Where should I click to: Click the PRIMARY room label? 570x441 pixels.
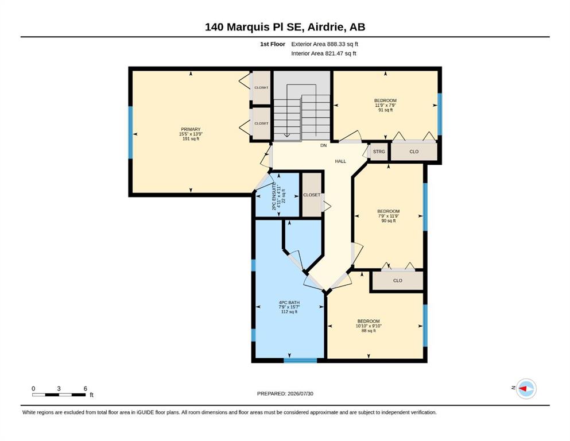click(191, 129)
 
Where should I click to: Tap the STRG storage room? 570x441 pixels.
click(379, 152)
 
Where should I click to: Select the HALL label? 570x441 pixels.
click(340, 161)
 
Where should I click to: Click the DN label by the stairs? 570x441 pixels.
click(323, 145)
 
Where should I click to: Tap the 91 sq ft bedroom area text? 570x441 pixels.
click(385, 110)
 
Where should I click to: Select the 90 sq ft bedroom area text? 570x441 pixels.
click(388, 220)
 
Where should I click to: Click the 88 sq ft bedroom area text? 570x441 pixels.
click(369, 331)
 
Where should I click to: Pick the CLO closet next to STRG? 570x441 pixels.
click(414, 152)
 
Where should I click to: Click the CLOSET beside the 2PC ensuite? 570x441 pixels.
click(312, 195)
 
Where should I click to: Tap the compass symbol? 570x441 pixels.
click(526, 389)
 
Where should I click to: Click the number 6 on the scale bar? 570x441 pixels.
click(86, 388)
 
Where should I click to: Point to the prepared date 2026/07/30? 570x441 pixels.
click(300, 393)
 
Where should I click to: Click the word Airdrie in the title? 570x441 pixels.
click(328, 27)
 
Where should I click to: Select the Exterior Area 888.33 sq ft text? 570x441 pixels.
click(325, 44)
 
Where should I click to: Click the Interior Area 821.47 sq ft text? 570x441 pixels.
click(324, 53)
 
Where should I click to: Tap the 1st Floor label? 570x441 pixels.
click(273, 44)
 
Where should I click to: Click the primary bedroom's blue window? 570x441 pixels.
click(130, 132)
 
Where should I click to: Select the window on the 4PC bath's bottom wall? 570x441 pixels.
click(300, 360)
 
